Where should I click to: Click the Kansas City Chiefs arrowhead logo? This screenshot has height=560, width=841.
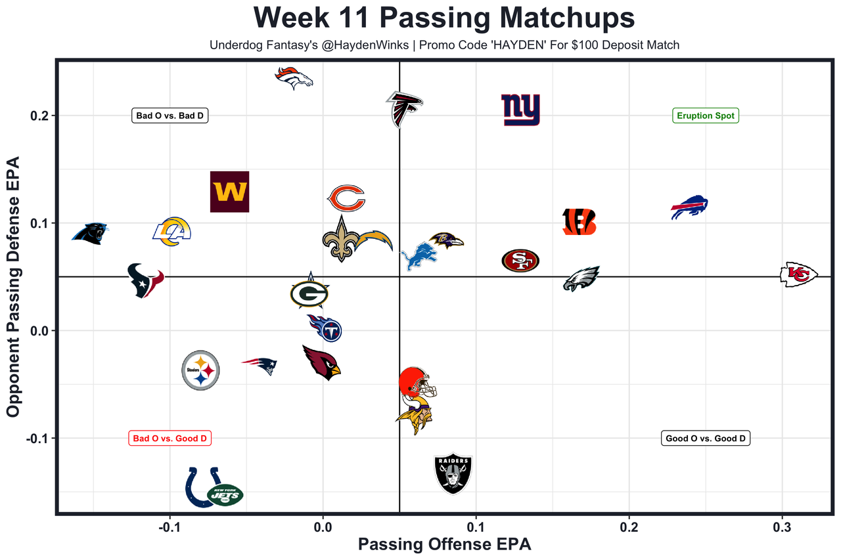798,274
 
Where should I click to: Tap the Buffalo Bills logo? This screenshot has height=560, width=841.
689,207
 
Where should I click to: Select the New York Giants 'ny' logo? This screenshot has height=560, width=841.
520,110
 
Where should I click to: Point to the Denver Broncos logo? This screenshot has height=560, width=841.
293,78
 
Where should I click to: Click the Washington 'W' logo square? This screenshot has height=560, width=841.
229,192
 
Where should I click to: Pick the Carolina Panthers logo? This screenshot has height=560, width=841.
90,233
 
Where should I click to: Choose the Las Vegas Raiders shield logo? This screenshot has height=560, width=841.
453,473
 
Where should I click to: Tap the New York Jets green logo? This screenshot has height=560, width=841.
225,494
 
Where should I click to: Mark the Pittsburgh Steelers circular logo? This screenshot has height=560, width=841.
200,370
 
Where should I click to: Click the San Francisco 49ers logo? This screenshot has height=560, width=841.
520,261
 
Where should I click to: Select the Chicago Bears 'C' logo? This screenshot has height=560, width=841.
346,198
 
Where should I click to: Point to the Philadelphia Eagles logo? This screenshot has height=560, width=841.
581,279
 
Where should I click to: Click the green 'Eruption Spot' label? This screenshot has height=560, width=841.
706,116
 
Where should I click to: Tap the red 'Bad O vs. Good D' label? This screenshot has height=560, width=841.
170,439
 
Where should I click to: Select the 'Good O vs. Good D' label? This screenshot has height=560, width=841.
706,439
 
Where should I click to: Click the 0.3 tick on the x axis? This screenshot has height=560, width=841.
782,527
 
